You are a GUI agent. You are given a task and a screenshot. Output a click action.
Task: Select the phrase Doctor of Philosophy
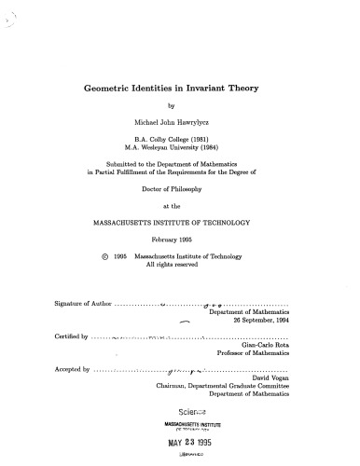point(181,185)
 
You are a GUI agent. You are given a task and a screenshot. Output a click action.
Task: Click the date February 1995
point(181,240)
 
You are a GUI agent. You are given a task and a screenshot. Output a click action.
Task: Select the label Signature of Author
point(76,304)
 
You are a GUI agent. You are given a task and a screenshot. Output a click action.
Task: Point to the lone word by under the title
point(181,104)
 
